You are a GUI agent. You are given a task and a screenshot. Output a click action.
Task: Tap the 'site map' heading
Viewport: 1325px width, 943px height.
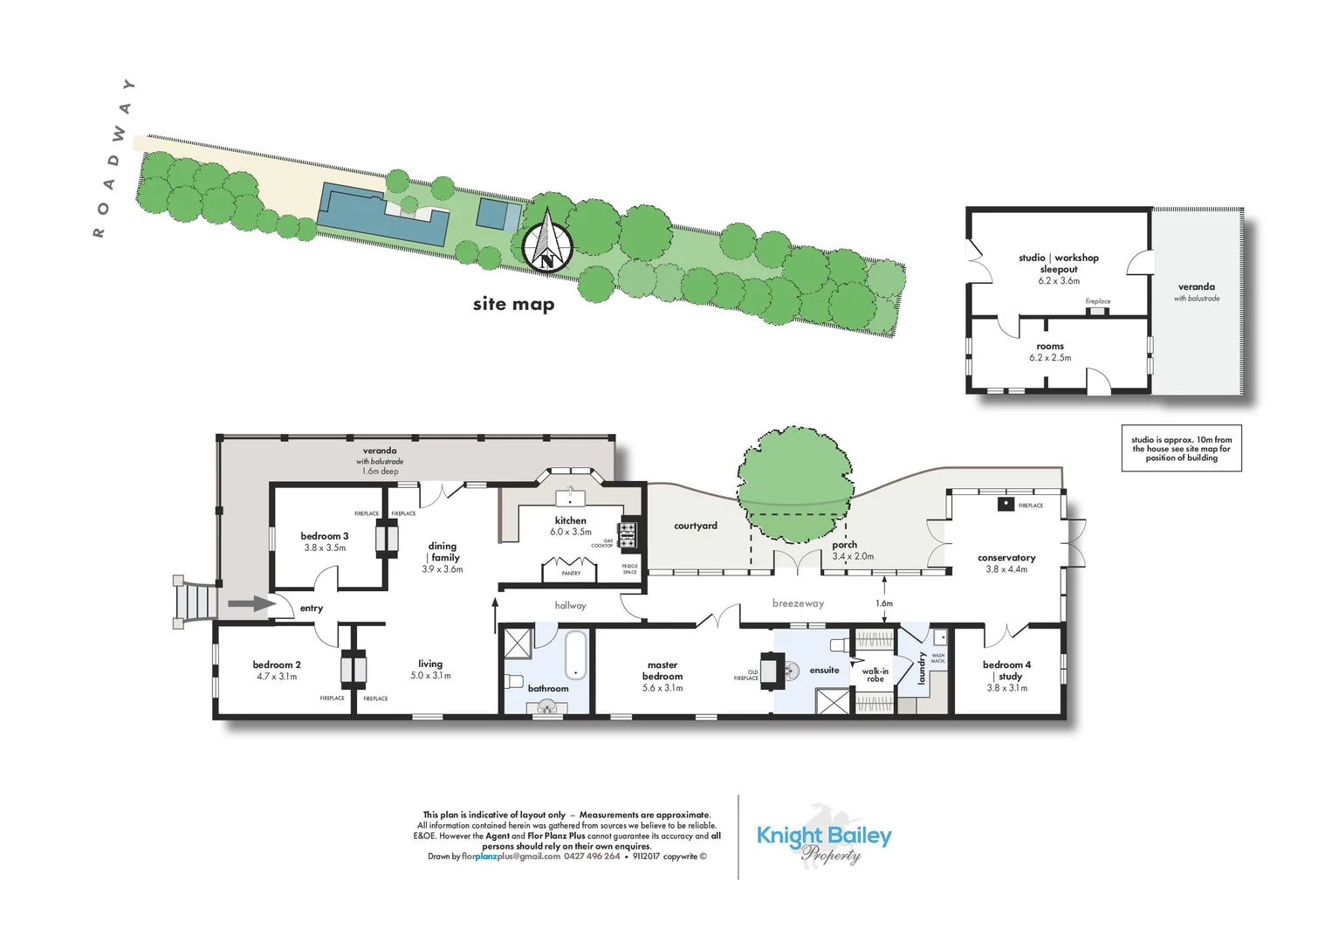513,304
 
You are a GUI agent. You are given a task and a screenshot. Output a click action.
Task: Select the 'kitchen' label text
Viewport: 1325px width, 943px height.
571,520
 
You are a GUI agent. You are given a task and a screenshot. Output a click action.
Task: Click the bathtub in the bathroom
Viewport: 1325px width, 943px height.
576,656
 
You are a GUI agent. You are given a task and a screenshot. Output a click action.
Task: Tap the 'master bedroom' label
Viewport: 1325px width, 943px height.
662,671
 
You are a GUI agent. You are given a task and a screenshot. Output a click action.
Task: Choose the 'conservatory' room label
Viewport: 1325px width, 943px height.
1006,558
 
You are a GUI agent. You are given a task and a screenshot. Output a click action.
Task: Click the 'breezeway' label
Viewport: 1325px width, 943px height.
798,603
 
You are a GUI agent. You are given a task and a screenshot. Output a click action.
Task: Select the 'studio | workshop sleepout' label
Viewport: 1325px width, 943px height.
1059,264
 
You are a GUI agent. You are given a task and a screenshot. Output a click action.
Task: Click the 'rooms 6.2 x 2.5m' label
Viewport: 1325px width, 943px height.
1050,352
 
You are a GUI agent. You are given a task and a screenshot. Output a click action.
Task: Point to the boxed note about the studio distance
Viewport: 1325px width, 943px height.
1181,449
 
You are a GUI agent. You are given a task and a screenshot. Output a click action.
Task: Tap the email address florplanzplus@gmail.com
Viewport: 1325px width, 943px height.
511,857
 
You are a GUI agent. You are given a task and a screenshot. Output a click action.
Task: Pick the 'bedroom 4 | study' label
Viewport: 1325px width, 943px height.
1007,671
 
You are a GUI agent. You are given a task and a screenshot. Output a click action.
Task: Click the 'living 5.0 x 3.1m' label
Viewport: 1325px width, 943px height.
430,670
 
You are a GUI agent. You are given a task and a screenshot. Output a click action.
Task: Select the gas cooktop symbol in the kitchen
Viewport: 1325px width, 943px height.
628,534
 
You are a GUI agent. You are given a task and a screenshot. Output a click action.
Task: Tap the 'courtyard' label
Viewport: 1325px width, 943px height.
696,526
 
